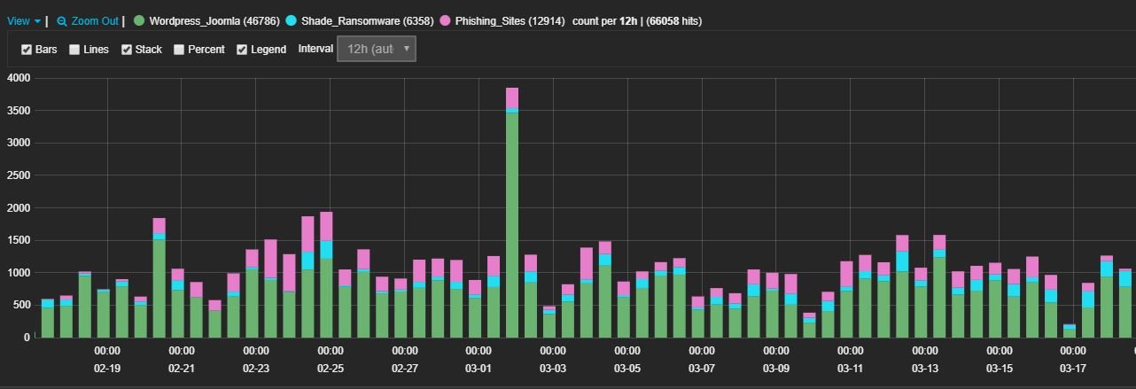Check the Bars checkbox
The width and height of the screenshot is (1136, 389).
27,50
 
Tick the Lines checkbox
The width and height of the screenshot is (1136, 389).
74,50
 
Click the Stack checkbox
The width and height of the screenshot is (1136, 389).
127,50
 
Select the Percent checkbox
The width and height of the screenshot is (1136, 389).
179,50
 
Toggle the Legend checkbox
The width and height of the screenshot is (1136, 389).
242,50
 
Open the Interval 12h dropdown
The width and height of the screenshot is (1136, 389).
376,50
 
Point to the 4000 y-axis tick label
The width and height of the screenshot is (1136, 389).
19,78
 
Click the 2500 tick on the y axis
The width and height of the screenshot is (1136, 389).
19,175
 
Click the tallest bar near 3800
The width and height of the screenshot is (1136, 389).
512,213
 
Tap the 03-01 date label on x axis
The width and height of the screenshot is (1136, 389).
479,368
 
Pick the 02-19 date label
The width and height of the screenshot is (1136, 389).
107,368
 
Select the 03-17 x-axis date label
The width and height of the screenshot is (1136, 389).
1073,368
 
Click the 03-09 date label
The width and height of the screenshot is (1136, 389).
775,368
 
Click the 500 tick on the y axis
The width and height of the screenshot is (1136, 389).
22,305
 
